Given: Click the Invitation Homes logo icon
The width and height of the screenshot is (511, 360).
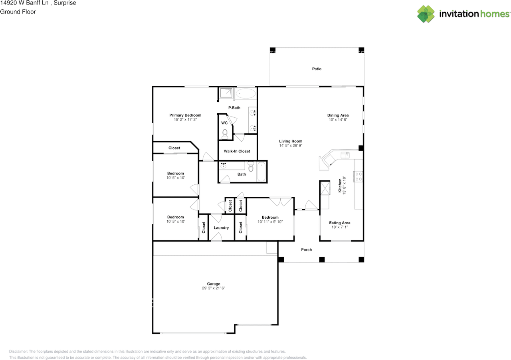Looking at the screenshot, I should pyautogui.click(x=426, y=14).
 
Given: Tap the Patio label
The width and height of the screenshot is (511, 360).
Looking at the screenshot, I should pyautogui.click(x=317, y=69).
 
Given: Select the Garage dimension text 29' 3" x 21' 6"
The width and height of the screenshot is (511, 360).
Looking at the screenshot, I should pyautogui.click(x=214, y=288).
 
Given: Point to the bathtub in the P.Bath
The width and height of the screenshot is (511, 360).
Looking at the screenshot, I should pyautogui.click(x=246, y=94).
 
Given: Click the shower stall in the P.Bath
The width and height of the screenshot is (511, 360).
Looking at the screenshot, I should pyautogui.click(x=226, y=93).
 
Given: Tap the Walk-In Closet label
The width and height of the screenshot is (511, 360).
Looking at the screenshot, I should pyautogui.click(x=237, y=151).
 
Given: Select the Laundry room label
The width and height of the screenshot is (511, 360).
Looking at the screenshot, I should pyautogui.click(x=221, y=228).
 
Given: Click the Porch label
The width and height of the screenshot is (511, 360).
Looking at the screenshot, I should pyautogui.click(x=306, y=250).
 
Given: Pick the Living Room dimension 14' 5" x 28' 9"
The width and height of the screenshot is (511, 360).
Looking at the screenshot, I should pyautogui.click(x=291, y=146).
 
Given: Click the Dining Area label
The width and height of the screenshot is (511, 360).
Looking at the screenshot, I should pyautogui.click(x=338, y=115).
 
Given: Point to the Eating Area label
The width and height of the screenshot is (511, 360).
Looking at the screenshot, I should pyautogui.click(x=340, y=223).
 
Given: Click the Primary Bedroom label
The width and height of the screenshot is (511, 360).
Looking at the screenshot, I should pyautogui.click(x=185, y=115).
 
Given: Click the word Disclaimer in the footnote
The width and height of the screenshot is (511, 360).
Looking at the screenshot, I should pyautogui.click(x=18, y=352).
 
